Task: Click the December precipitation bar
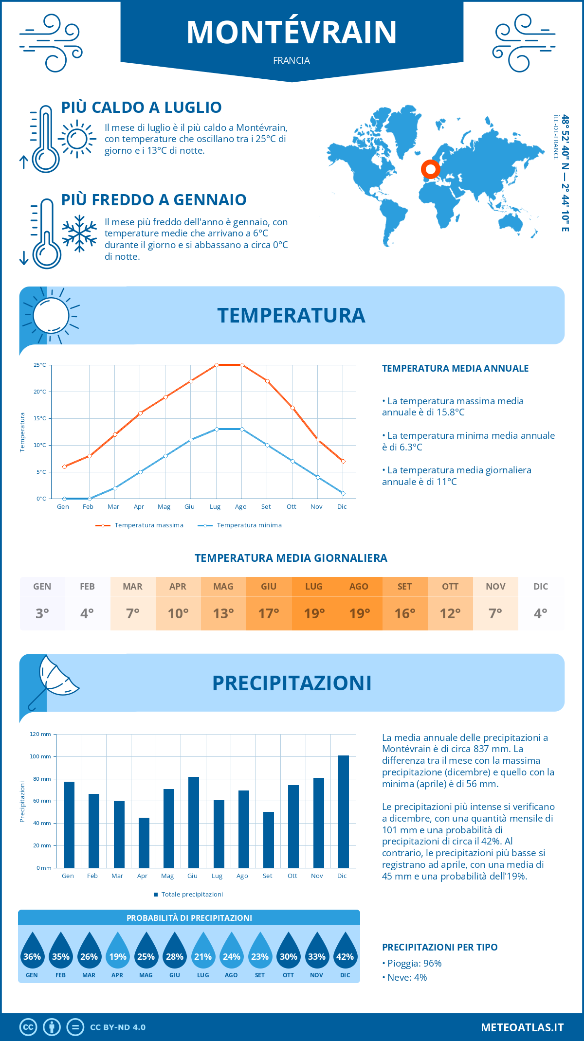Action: pyautogui.click(x=344, y=811)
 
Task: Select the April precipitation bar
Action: pyautogui.click(x=144, y=843)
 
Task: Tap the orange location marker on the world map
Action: pyautogui.click(x=430, y=169)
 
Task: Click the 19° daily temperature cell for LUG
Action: pyautogui.click(x=314, y=613)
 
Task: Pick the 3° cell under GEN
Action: pyautogui.click(x=42, y=613)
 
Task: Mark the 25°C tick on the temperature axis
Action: pyautogui.click(x=40, y=365)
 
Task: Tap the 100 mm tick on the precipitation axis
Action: pyautogui.click(x=41, y=756)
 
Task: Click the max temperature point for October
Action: pyautogui.click(x=292, y=408)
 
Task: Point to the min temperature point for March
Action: pyautogui.click(x=115, y=488)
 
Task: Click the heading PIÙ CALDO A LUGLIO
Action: pyautogui.click(x=141, y=108)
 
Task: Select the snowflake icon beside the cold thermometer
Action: pyautogui.click(x=79, y=233)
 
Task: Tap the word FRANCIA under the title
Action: pyautogui.click(x=292, y=60)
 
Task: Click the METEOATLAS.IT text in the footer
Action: pyautogui.click(x=522, y=1027)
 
